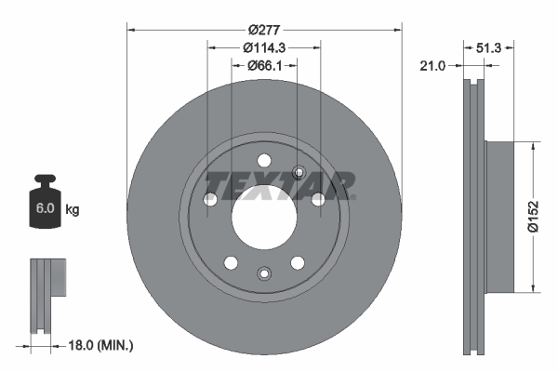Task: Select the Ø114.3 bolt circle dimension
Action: coord(264,46)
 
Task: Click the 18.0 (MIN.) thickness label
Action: coord(102,345)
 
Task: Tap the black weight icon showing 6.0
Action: coord(44,201)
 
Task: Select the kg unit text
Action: coord(73,210)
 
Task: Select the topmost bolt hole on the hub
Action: coord(264,159)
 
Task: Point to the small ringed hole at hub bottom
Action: coord(264,272)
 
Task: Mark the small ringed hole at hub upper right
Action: coord(299,171)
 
